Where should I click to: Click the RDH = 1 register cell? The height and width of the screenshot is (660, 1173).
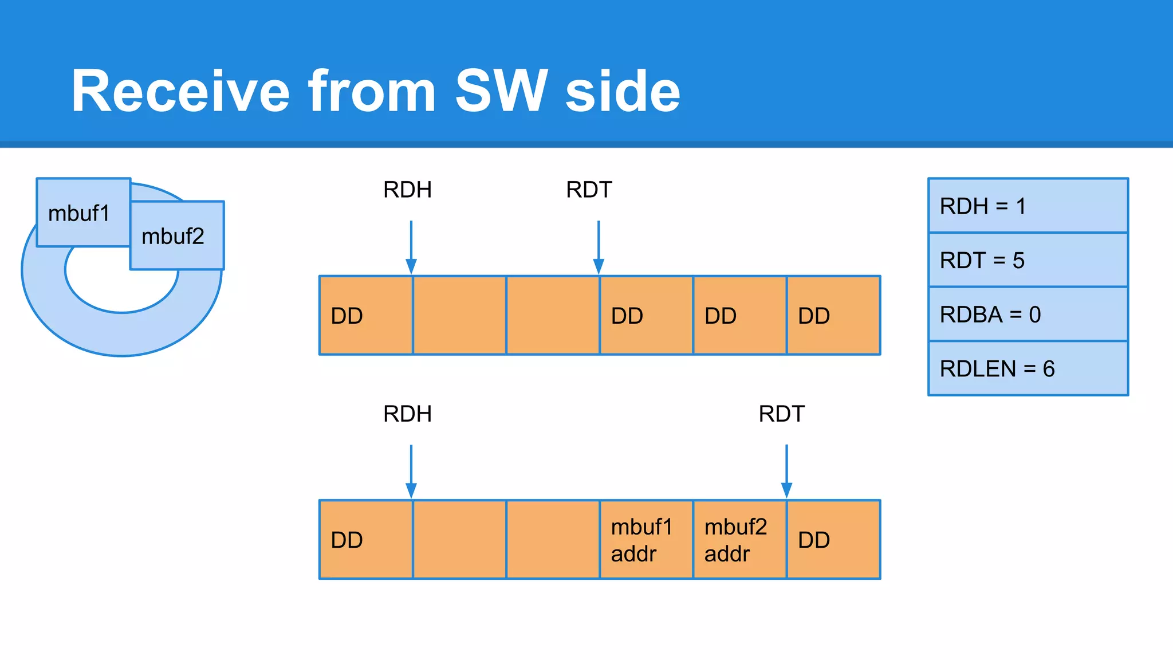(1028, 206)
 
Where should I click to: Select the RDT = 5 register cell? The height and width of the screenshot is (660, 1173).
(1028, 260)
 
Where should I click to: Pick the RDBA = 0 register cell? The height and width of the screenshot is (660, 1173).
(1028, 314)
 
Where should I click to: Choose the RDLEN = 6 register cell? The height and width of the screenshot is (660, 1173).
(1028, 368)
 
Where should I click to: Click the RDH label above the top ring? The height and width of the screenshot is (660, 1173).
(407, 190)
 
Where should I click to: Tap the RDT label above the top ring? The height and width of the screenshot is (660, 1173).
(589, 190)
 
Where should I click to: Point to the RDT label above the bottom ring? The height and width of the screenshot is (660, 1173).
(781, 414)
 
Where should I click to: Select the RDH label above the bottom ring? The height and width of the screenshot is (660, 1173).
(407, 414)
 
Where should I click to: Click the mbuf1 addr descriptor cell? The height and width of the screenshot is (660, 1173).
(646, 540)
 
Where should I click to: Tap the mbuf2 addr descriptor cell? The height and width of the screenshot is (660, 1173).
(739, 540)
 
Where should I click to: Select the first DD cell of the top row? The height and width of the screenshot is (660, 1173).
(366, 316)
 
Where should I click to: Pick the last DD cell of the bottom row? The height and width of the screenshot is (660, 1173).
(833, 540)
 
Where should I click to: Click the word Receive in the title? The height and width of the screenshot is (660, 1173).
(181, 91)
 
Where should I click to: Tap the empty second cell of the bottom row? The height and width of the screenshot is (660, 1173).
(459, 540)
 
